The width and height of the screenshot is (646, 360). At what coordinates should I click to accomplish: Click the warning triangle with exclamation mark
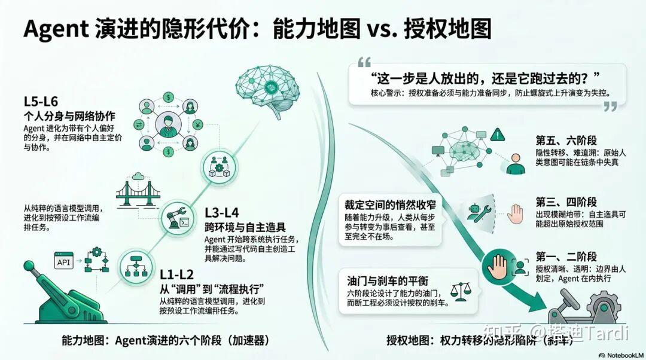496,135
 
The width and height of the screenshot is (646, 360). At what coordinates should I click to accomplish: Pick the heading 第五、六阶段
566,141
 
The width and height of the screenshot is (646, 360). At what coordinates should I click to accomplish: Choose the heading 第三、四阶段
566,202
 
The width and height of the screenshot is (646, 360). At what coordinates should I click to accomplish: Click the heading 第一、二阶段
566,257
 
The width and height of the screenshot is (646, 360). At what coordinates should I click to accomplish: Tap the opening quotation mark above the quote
364,62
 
